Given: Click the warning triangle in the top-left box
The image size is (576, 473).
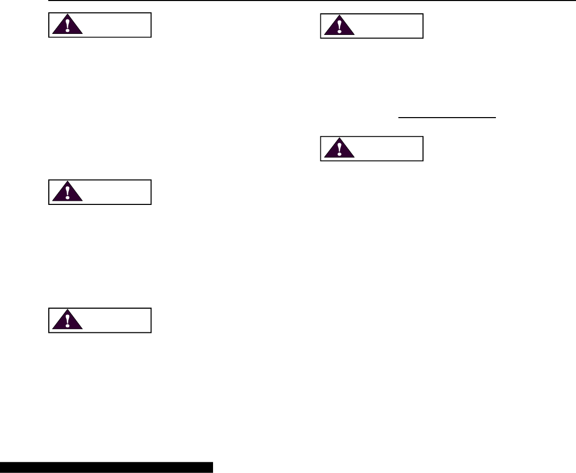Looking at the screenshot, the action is pyautogui.click(x=67, y=27).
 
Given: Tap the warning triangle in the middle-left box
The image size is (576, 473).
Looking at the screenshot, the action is pyautogui.click(x=67, y=193).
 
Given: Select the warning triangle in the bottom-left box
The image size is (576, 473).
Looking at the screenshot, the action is pyautogui.click(x=67, y=321).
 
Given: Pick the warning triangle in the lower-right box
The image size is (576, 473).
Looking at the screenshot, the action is pyautogui.click(x=339, y=150).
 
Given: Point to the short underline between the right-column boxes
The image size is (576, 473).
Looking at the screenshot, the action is pyautogui.click(x=448, y=118).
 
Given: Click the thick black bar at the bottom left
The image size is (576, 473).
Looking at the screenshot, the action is pyautogui.click(x=106, y=467).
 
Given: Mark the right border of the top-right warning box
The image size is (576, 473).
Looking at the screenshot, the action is pyautogui.click(x=423, y=26).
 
